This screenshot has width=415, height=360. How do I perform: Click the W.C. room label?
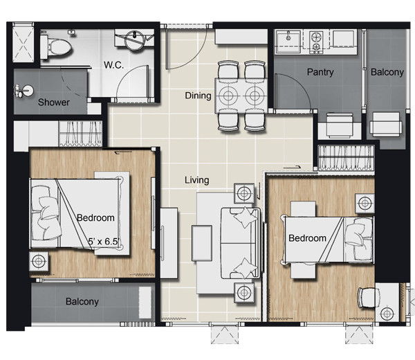click(113, 65)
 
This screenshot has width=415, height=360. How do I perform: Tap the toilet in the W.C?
click(55, 48)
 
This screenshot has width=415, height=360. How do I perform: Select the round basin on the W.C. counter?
click(135, 40)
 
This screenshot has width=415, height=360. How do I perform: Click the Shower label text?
click(54, 102)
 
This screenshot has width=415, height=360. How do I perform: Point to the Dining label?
click(198, 96)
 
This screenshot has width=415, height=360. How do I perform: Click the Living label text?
click(197, 180)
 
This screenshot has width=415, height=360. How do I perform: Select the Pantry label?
click(320, 72)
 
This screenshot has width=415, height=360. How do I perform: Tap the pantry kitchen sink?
click(288, 42)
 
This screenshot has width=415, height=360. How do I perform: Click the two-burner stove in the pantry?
click(316, 42)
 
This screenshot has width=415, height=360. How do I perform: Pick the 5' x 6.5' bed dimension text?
click(104, 242)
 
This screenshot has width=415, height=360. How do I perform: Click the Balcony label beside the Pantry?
click(387, 72)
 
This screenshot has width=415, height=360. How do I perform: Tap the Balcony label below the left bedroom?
click(82, 301)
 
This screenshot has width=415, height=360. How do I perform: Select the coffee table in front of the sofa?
click(202, 243)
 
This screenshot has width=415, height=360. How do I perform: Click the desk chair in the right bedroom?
click(368, 298)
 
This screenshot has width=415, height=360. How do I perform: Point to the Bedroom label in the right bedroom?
click(307, 238)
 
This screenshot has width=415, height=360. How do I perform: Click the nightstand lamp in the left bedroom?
click(39, 262)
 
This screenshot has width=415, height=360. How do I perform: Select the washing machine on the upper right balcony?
click(386, 124)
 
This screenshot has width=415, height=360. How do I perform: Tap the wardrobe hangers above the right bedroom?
click(346, 158)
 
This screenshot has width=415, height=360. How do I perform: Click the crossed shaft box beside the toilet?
click(24, 43)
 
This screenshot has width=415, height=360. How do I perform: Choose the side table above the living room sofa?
click(244, 193)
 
